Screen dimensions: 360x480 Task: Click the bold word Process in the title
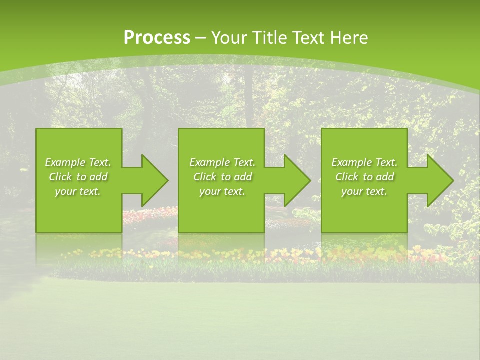(157, 38)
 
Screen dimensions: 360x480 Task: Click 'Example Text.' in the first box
(78, 162)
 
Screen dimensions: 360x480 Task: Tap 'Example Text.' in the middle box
(222, 162)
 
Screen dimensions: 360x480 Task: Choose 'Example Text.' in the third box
(364, 162)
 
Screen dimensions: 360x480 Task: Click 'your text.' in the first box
(78, 191)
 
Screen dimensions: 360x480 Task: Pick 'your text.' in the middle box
(222, 191)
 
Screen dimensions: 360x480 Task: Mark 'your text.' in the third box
(364, 191)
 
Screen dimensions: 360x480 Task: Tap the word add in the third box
(385, 177)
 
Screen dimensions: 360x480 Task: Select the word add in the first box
(98, 177)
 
